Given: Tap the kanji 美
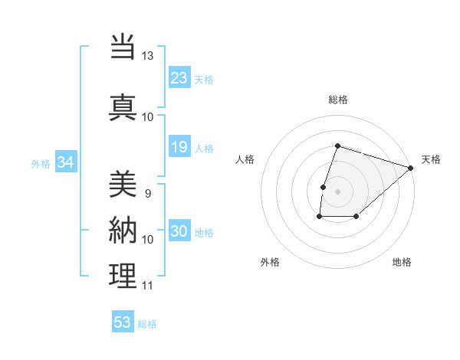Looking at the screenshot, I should coord(123,184).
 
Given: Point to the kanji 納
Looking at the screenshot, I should coord(123,231).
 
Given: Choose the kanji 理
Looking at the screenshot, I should coord(123,277).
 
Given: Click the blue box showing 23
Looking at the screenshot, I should coord(179,78).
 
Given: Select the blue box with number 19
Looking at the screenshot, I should coord(179,147).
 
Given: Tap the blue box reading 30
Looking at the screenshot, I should coord(179,232).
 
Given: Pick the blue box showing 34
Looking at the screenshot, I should coord(65,162).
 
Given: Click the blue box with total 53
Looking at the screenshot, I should coord(123,322).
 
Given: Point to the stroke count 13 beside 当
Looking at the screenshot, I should coord(147,56).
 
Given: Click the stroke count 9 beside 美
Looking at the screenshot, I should coord(147,194).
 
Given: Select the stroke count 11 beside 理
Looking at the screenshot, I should coord(147,286).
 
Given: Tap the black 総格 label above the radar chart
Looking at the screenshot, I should coord(337,100).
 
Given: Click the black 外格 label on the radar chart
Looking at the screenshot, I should coord(270,262).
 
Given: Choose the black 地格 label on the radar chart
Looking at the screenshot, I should coord(402,262).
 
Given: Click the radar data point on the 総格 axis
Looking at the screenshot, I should coord(337,146).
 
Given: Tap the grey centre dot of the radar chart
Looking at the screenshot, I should coord(337,191).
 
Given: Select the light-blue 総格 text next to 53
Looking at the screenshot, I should coord(147,324).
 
